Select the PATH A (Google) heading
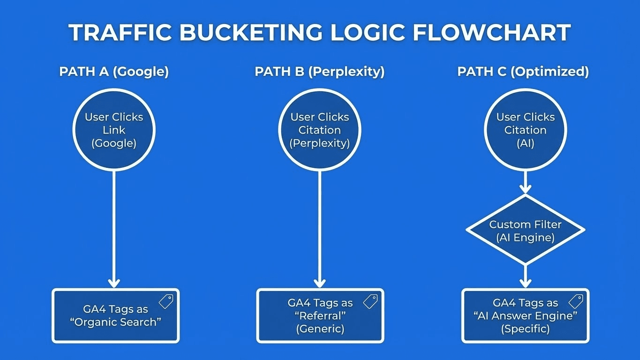(114, 72)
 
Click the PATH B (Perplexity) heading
(320, 72)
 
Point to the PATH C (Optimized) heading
(523, 72)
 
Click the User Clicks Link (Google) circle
(114, 130)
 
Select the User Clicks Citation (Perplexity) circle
(320, 130)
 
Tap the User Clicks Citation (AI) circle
(525, 130)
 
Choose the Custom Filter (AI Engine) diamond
(525, 230)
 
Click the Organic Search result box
(115, 316)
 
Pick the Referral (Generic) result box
(320, 316)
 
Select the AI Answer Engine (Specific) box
(525, 316)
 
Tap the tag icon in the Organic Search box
(166, 301)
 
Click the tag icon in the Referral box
(370, 301)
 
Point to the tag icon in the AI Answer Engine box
(576, 301)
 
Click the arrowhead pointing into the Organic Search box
(114, 283)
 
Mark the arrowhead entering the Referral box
(320, 283)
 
